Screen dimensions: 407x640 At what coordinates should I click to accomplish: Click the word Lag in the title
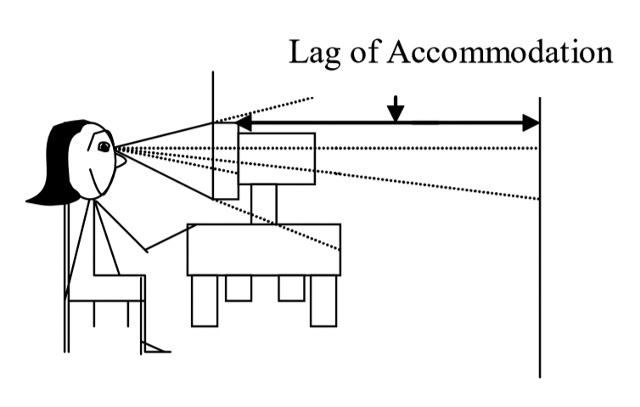pyautogui.click(x=315, y=53)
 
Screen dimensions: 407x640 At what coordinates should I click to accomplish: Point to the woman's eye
pyautogui.click(x=104, y=147)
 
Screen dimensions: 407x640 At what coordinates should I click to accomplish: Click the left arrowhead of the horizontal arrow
pyautogui.click(x=244, y=123)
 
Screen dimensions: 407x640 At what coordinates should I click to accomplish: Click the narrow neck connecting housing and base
pyautogui.click(x=264, y=204)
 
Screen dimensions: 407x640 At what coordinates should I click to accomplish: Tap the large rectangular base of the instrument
pyautogui.click(x=263, y=250)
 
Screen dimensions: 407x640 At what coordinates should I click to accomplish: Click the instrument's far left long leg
pyautogui.click(x=205, y=301)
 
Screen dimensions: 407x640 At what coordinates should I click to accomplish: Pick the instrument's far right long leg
pyautogui.click(x=323, y=301)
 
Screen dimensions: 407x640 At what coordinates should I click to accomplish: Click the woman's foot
pyautogui.click(x=157, y=348)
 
